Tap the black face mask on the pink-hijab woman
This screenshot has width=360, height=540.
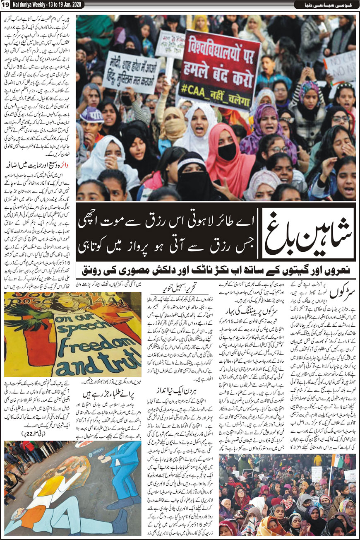tap(227, 152)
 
